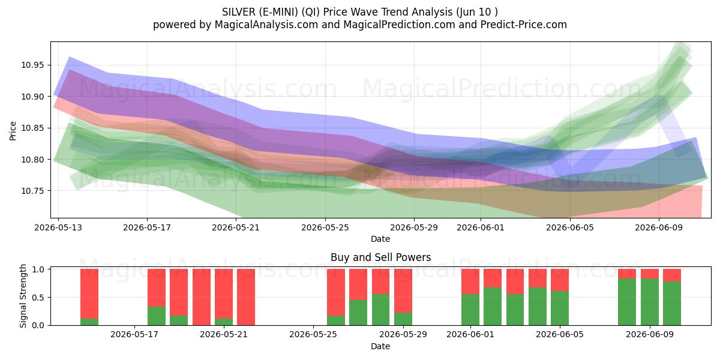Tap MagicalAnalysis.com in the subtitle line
click(266, 25)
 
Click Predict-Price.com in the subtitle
click(524, 25)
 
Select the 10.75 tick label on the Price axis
click(32, 191)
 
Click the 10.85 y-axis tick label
click(32, 128)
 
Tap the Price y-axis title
click(13, 131)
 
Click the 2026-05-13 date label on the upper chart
click(58, 227)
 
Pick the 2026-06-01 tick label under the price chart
click(481, 227)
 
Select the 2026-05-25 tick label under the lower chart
click(313, 334)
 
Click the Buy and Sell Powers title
click(380, 257)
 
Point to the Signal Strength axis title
click(23, 296)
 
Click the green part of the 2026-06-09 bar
click(650, 302)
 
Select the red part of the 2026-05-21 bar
click(224, 293)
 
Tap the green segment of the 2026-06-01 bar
click(470, 310)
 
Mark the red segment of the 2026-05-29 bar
click(403, 290)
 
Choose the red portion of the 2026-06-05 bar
click(560, 280)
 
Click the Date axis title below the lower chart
click(380, 346)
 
